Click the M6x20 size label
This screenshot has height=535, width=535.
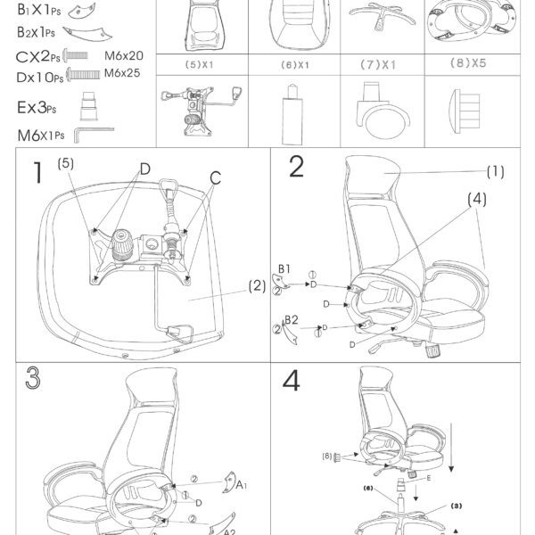124,56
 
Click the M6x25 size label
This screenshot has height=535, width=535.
122,73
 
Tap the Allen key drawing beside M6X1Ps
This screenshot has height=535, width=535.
94,135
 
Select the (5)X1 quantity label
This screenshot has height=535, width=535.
199,64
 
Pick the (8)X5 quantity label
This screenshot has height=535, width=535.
468,62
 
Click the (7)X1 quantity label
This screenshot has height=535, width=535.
378,64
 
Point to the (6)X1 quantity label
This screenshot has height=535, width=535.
295,65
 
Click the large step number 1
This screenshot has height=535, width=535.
37,173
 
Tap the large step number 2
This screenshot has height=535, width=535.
296,167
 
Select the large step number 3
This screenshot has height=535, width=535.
33,378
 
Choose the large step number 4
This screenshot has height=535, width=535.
292,381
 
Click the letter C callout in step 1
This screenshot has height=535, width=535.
215,178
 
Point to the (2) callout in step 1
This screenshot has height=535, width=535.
257,286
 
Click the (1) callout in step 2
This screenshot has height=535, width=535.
496,171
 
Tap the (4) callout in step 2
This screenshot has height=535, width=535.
477,199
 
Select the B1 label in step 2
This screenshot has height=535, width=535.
284,269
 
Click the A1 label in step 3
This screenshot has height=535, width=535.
242,484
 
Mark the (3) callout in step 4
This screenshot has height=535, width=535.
457,506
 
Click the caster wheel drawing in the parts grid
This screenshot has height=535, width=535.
383,109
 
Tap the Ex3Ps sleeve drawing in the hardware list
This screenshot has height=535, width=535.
88,106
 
